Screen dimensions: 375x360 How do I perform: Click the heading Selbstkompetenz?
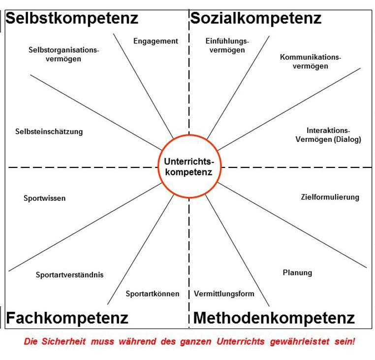72,19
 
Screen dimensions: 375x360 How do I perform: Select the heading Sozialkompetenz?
256,19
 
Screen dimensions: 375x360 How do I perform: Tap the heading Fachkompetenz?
67,318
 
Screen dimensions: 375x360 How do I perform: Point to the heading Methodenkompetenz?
274,318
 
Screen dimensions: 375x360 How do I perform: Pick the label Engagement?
156,41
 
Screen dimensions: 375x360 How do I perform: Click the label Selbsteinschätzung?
49,131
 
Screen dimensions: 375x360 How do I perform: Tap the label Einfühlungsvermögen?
227,45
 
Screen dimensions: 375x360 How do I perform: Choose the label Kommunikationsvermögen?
311,62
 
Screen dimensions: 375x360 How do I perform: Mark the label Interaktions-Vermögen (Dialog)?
328,135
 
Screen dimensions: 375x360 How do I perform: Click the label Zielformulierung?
330,197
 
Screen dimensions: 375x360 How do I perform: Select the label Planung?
297,273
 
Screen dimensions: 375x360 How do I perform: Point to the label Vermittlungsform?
224,294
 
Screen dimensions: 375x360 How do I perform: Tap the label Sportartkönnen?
153,294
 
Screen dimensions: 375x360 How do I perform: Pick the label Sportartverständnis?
70,275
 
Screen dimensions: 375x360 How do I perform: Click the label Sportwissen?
44,198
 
